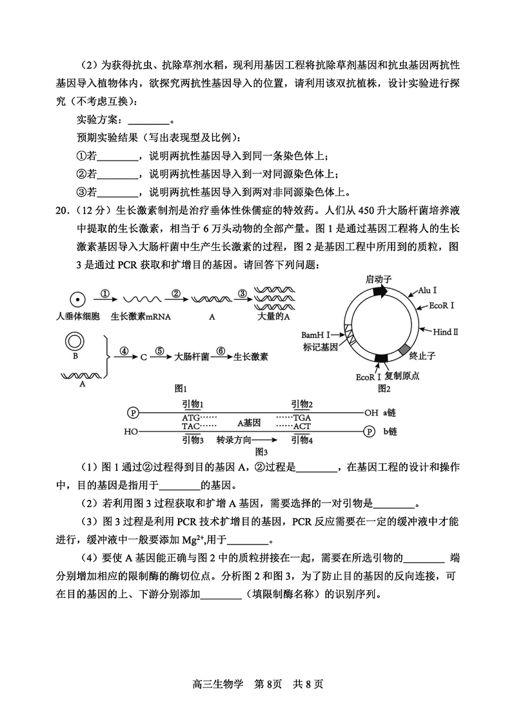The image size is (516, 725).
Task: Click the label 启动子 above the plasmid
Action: (x=379, y=278)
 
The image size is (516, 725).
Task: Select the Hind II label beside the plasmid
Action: (x=445, y=332)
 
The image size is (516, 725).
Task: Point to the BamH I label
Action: (x=315, y=335)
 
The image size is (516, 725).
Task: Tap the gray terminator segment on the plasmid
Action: (x=405, y=350)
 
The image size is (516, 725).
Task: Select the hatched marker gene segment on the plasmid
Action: (x=353, y=335)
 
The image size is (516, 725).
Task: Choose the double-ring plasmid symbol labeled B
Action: (x=76, y=341)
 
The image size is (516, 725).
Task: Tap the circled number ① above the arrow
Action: (x=107, y=293)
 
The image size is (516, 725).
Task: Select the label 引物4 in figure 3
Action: (x=301, y=440)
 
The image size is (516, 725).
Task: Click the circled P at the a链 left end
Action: (x=134, y=412)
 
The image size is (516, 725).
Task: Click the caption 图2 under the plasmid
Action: (x=384, y=388)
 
